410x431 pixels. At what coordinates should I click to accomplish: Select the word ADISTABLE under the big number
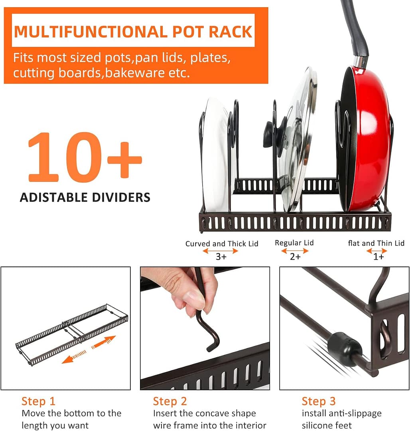(x=56, y=197)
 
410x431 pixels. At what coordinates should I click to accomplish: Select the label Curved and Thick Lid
(x=222, y=244)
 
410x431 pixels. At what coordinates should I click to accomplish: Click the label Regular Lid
(x=294, y=243)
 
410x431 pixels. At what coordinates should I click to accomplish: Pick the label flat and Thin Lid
(x=376, y=243)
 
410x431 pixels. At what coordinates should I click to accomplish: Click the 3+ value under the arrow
(x=221, y=257)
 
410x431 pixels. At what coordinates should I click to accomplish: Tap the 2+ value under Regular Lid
(x=295, y=257)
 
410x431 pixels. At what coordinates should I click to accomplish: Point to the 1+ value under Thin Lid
(x=378, y=257)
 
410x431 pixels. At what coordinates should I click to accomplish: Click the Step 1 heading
(x=38, y=401)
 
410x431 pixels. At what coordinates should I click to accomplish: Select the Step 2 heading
(x=170, y=401)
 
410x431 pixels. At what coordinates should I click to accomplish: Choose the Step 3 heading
(x=318, y=401)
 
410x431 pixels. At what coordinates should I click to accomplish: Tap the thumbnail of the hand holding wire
(x=205, y=328)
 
